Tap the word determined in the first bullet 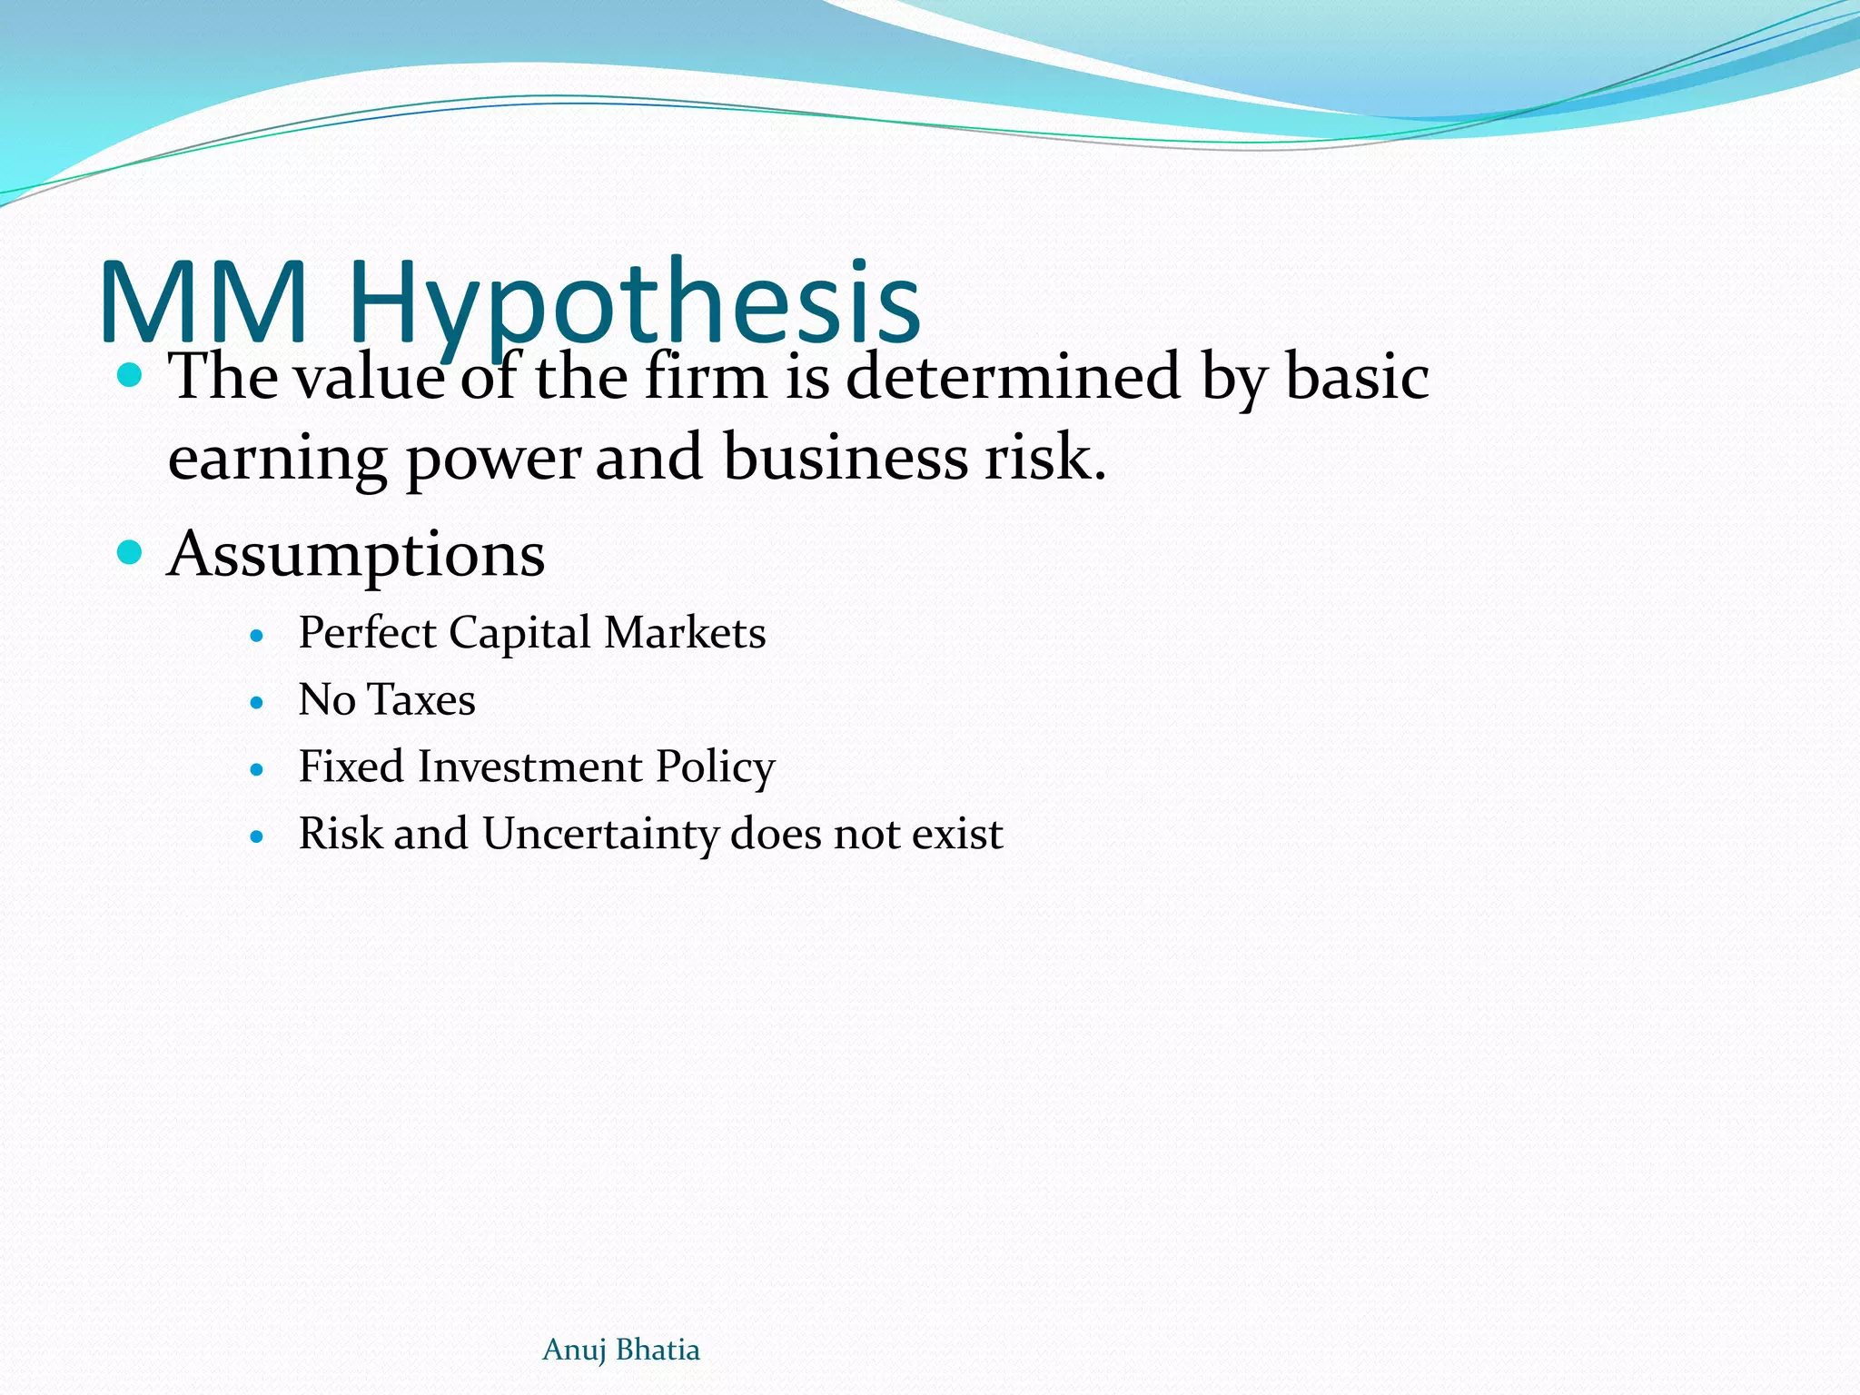(1013, 377)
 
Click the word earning (277, 460)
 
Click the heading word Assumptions (356, 554)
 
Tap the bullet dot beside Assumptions (131, 551)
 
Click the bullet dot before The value (131, 374)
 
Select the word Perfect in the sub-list (367, 633)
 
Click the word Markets (685, 633)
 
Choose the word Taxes (422, 700)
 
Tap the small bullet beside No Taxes (257, 703)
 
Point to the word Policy (716, 768)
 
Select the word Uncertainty (600, 835)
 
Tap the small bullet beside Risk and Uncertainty (257, 836)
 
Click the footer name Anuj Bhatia (621, 1350)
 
